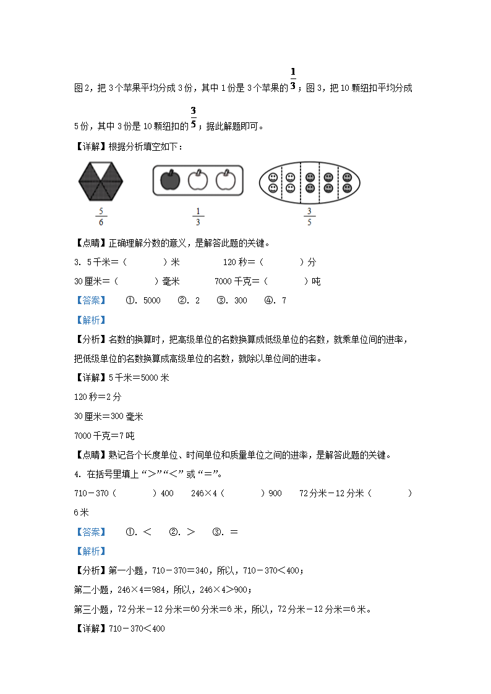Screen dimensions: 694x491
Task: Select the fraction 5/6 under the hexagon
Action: point(100,217)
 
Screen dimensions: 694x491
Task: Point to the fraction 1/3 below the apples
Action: point(197,217)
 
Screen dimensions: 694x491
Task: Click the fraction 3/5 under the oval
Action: point(309,217)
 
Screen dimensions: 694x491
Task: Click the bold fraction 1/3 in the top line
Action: point(293,78)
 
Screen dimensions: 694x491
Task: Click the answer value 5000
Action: point(151,301)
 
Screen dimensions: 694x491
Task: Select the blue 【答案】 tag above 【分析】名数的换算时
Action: point(90,301)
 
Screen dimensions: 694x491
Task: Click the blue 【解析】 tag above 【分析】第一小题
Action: point(90,551)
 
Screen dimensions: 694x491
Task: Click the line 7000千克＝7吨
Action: point(104,436)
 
